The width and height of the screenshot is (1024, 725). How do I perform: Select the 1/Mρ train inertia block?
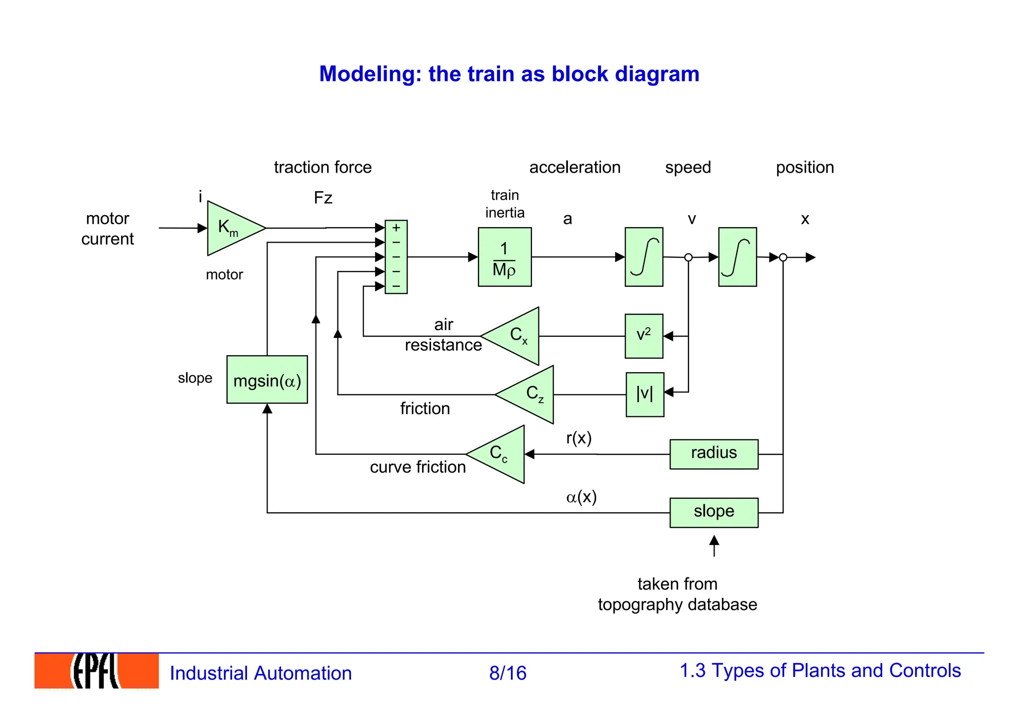[504, 257]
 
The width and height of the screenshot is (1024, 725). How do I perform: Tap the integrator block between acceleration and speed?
[644, 257]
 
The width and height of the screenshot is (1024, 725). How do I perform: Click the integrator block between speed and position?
[737, 257]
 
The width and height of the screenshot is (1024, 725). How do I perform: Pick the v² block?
[644, 336]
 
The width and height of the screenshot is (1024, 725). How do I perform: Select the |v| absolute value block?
[645, 394]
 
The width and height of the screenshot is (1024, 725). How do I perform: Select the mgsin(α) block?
[267, 380]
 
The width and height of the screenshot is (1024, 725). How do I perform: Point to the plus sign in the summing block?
[396, 228]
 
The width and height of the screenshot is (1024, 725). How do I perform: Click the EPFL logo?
[96, 671]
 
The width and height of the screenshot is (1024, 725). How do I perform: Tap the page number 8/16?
[507, 673]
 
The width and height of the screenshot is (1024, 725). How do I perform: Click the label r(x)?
[579, 439]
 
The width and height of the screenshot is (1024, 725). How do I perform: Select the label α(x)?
[581, 497]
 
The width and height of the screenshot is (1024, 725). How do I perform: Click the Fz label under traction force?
[323, 198]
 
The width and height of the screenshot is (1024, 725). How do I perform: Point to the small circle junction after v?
[688, 257]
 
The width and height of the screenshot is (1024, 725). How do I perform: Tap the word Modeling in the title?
[370, 74]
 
